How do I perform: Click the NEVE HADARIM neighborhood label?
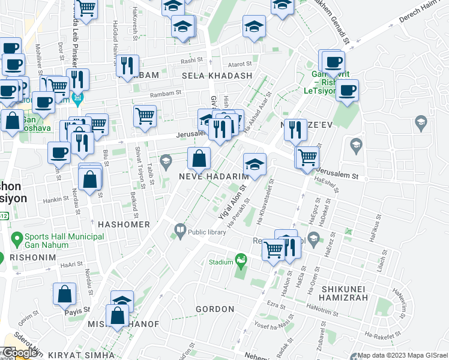(x=214, y=176)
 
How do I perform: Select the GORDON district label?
(x=215, y=309)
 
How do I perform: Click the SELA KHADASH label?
(x=222, y=76)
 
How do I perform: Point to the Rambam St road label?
(x=165, y=94)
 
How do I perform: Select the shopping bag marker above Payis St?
(x=64, y=294)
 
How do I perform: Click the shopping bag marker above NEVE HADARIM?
(x=199, y=159)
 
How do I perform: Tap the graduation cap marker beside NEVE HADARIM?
(x=255, y=164)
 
